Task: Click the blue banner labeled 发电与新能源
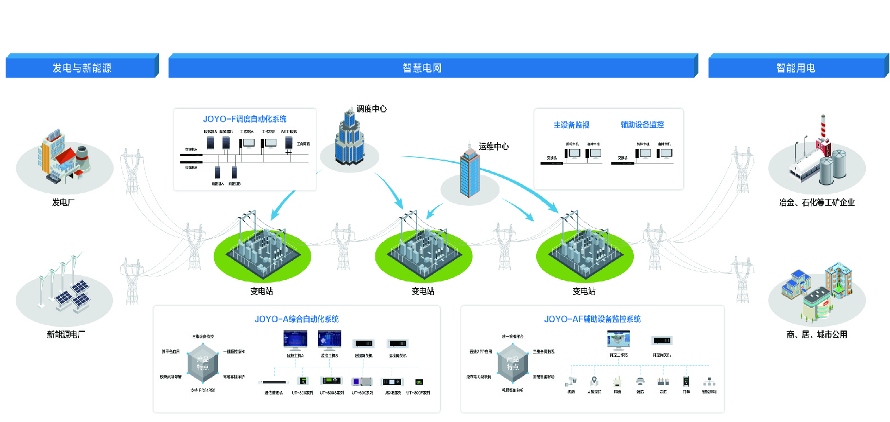click(81, 68)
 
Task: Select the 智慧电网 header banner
click(422, 68)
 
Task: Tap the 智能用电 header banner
click(796, 68)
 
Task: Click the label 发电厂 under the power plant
click(63, 202)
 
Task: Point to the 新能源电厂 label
click(66, 334)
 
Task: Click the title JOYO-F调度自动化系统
click(244, 119)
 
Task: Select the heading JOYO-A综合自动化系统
click(297, 319)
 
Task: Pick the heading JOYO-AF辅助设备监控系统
click(592, 319)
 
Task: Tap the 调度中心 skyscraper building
click(349, 139)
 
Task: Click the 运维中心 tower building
click(470, 171)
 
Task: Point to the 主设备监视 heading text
click(571, 125)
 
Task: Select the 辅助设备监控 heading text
click(642, 125)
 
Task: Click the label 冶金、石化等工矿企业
click(816, 202)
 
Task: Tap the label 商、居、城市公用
click(816, 334)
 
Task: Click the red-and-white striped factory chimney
click(823, 127)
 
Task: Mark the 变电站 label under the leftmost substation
click(262, 291)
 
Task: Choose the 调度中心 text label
click(372, 109)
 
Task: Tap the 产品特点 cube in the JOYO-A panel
click(203, 363)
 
